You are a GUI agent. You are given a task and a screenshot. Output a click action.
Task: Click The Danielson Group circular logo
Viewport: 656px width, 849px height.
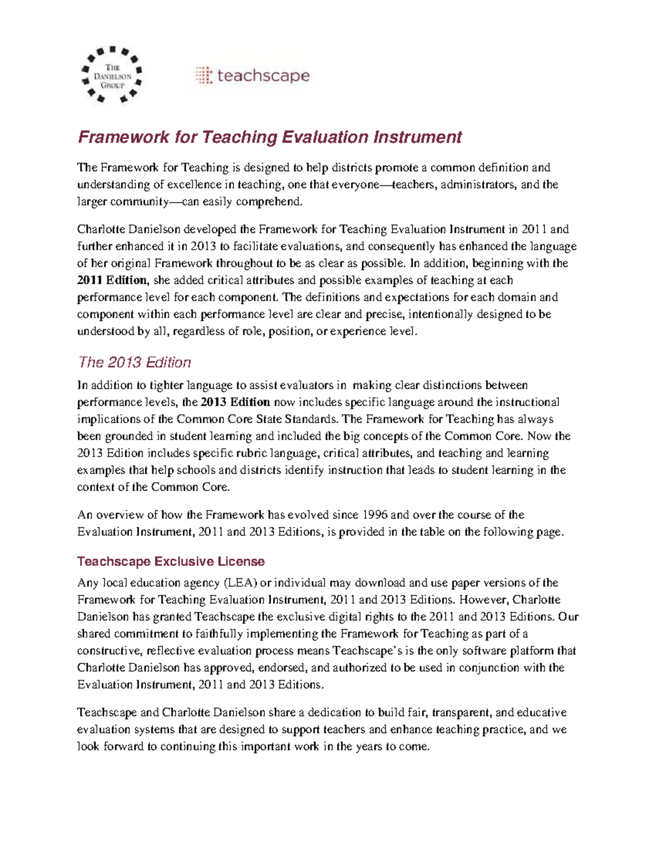point(112,75)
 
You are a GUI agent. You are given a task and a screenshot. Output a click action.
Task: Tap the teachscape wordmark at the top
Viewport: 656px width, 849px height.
point(263,75)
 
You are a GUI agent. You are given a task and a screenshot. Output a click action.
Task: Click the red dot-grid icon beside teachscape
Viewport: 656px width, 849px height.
point(203,75)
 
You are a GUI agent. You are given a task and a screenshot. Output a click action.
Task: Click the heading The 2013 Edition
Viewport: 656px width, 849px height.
point(134,362)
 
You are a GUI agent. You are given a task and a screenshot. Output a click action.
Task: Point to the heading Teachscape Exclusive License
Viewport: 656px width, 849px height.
point(171,561)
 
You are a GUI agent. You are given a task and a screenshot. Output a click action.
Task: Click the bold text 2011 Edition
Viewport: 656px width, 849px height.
point(112,280)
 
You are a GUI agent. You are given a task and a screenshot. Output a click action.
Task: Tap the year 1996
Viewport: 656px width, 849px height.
point(373,515)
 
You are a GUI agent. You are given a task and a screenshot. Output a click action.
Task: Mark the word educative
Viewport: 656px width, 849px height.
point(541,712)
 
